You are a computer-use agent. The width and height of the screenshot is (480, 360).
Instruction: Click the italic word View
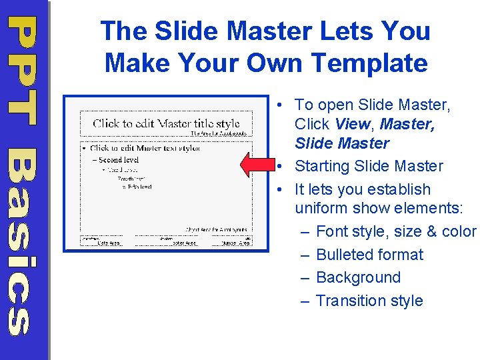[x=351, y=124]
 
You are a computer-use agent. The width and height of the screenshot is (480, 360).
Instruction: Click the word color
[x=459, y=232]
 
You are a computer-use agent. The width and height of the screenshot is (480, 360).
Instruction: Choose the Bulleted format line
[x=369, y=255]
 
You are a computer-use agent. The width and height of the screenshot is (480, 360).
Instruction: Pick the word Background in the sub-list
[x=358, y=277]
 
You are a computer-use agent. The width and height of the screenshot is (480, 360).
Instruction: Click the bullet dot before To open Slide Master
[x=283, y=105]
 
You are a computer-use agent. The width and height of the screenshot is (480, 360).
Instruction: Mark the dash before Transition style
[x=305, y=301]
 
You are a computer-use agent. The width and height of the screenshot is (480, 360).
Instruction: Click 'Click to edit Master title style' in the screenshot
[x=166, y=123]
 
